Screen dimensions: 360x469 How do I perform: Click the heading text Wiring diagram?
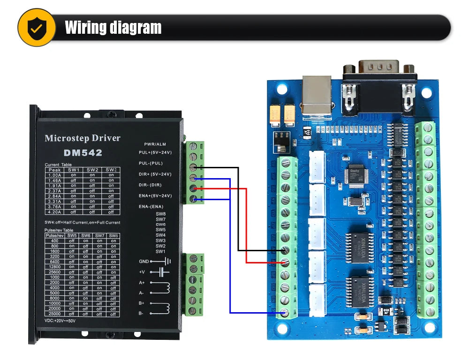113,28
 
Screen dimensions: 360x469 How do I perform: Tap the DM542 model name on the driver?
83,153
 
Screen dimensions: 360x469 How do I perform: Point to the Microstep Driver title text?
83,138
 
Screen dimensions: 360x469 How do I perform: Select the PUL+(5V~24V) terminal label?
155,153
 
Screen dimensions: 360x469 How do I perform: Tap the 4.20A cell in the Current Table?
54,211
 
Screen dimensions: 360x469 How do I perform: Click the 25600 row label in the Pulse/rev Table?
54,272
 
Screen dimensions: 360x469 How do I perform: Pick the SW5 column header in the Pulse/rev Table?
71,235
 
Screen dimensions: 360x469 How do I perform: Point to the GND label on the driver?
144,261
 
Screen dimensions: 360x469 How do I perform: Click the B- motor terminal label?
142,313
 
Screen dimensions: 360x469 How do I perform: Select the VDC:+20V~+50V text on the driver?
60,321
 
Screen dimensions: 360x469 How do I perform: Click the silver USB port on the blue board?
317,96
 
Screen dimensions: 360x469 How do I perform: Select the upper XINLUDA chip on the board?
359,247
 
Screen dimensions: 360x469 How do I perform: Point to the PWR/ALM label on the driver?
155,144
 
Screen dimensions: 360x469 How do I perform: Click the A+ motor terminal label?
142,283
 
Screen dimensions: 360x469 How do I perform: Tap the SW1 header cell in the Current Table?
74,170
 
